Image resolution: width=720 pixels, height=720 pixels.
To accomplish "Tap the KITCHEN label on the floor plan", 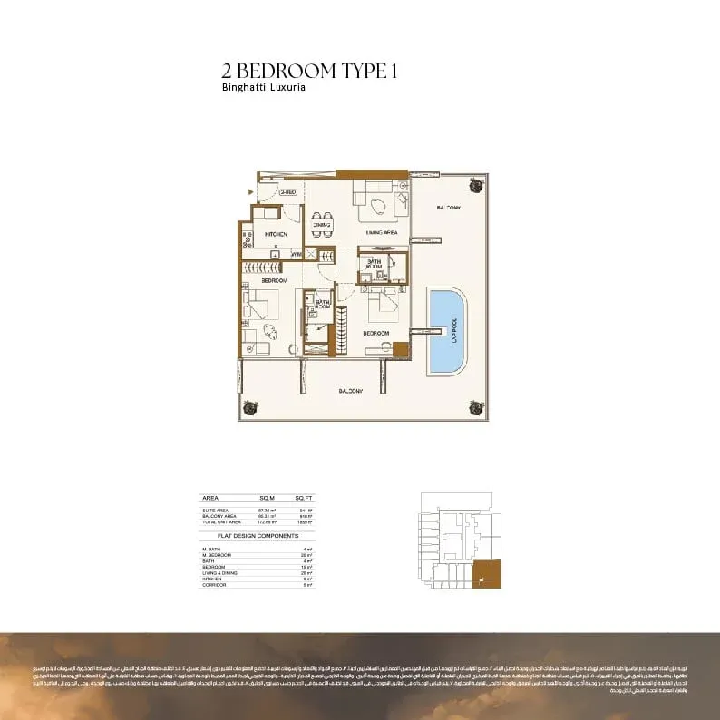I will pos(276,234).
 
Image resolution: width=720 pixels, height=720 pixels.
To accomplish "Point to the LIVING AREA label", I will pos(382,233).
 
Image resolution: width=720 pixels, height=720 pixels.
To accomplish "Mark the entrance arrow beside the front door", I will pos(251,191).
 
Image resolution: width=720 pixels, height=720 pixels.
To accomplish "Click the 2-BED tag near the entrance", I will pos(288,192).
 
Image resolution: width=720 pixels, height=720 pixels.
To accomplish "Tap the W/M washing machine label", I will pos(296,255).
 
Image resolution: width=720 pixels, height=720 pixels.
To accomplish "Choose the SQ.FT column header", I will pos(303,499).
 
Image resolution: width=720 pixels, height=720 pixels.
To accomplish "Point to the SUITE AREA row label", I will pos(217,510).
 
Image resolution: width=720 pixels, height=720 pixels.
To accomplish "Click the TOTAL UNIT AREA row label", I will pos(222,522).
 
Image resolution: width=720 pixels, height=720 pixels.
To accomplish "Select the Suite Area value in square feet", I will pos(306,510).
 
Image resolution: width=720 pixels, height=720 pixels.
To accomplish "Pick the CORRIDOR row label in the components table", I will pos(213,585).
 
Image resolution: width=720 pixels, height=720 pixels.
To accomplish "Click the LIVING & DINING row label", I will pos(219,573).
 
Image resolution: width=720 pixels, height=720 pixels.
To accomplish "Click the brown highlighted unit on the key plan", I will pos(488,574).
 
